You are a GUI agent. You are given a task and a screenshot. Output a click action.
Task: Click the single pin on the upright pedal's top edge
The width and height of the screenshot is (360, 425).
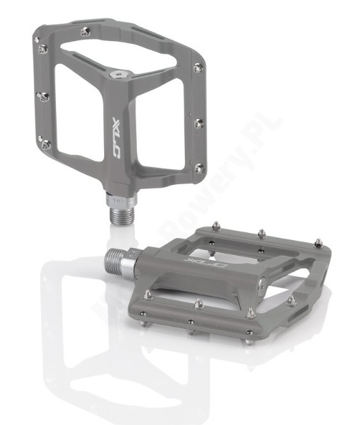click(x=86, y=31)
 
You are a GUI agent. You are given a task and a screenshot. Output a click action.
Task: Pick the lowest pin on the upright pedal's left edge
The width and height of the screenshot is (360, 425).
click(x=46, y=144)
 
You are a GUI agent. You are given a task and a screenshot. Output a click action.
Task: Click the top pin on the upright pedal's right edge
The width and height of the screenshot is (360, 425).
click(x=198, y=67)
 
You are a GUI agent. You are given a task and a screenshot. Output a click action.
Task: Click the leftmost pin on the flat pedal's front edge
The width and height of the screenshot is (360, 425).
click(x=147, y=294)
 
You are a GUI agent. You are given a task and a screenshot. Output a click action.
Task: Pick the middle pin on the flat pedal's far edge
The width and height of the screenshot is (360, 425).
click(x=261, y=232)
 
